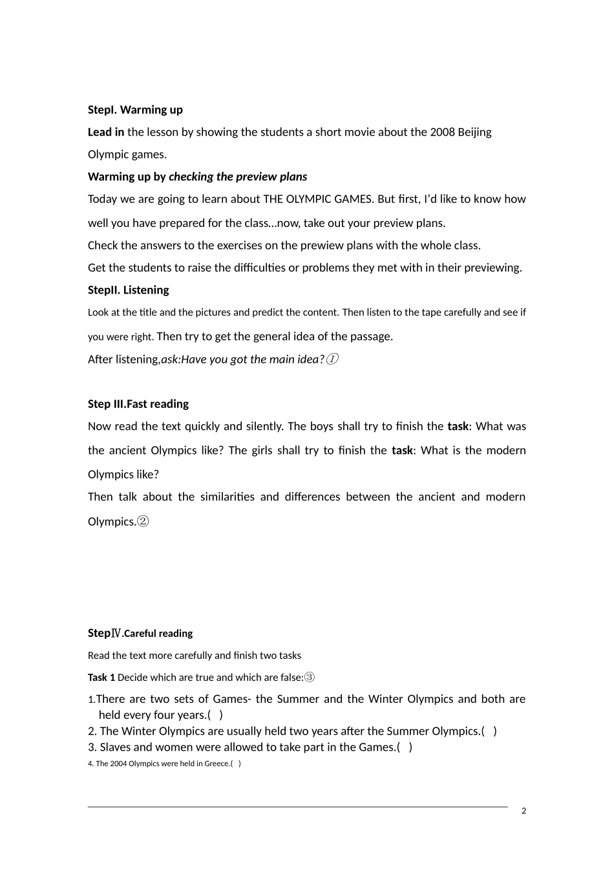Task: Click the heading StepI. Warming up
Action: click(135, 110)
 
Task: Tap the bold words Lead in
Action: click(106, 132)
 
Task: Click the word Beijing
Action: click(474, 132)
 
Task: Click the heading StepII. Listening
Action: click(128, 290)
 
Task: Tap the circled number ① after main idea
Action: click(332, 359)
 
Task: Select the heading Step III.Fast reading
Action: click(138, 404)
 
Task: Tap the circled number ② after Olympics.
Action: click(143, 522)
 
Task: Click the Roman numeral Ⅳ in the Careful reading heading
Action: click(116, 634)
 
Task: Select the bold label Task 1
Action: click(101, 678)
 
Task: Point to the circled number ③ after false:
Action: click(309, 678)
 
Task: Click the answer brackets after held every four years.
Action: click(215, 715)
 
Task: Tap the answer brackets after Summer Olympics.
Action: click(489, 731)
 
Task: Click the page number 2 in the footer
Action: click(524, 811)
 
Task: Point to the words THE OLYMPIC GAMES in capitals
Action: click(319, 199)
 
